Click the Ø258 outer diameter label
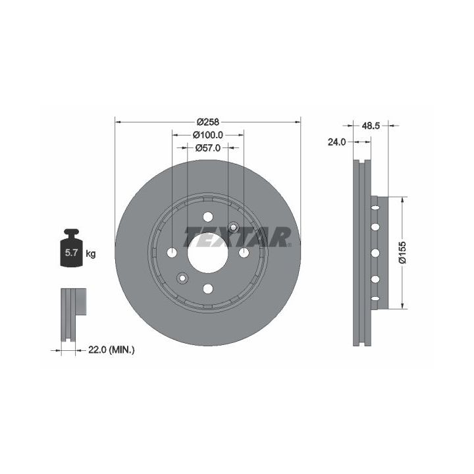[207, 122]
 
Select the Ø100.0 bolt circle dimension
[207, 135]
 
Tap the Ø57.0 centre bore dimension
[208, 148]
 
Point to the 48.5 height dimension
[371, 126]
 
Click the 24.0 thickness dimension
[336, 142]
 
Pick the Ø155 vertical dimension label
[402, 252]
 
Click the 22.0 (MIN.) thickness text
[111, 350]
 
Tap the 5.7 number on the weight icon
[71, 253]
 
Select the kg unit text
[91, 253]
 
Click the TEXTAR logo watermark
[238, 237]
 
